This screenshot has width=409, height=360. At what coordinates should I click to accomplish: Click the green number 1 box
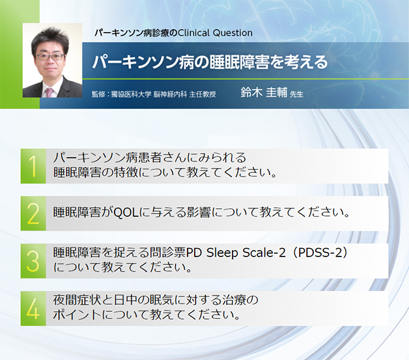33,165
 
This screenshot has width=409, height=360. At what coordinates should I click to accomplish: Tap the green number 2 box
33,212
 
